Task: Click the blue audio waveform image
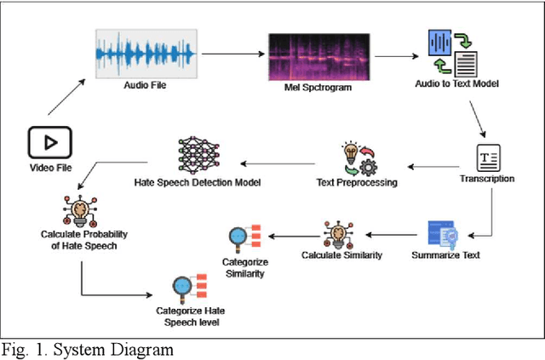pyautogui.click(x=146, y=54)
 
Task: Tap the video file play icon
pyautogui.click(x=49, y=142)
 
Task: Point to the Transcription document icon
pyautogui.click(x=487, y=157)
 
